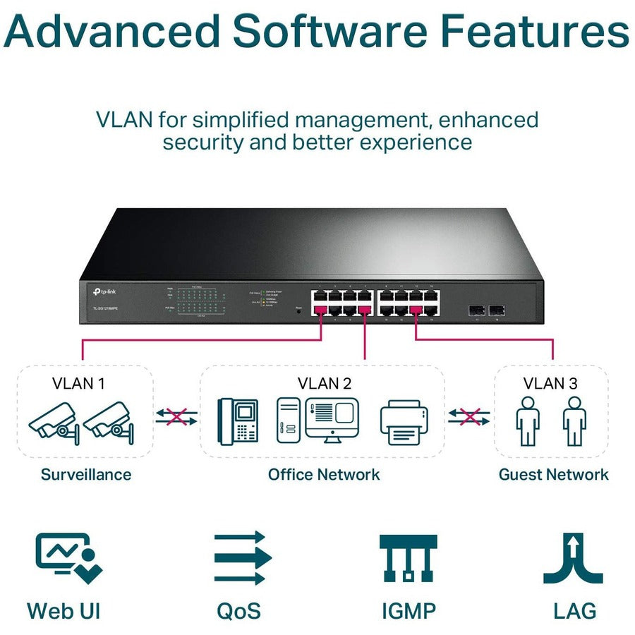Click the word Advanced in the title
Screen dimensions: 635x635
(112, 31)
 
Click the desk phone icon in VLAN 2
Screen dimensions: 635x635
(237, 421)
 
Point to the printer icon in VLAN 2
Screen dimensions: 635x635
(404, 423)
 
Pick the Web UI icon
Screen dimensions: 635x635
(68, 557)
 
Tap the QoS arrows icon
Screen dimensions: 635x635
(243, 557)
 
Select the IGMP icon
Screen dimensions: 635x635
(408, 557)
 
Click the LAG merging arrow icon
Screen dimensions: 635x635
(572, 557)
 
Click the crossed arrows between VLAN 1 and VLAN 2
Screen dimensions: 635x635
(176, 416)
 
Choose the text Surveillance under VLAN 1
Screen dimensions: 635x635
(85, 474)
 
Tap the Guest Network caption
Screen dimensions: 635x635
(553, 474)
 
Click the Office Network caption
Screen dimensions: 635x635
(323, 474)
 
